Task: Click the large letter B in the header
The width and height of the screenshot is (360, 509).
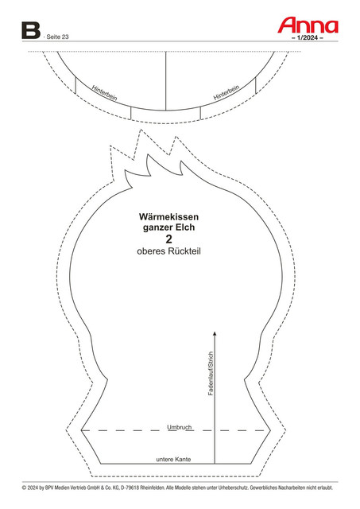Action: coord(31,30)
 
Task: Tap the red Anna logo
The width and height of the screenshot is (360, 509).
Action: coord(308,25)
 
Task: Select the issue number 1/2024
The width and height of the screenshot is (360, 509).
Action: coord(308,37)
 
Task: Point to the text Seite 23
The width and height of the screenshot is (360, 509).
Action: coord(57,37)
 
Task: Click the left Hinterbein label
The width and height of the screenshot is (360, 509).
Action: coord(104,93)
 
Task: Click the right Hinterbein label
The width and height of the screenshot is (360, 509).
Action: coord(226,92)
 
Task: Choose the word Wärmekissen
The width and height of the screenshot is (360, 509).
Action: coord(168,216)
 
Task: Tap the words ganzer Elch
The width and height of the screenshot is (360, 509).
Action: coord(169,227)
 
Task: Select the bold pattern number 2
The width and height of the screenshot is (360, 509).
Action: coord(168,239)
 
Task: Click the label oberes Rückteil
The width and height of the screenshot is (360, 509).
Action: coord(168,251)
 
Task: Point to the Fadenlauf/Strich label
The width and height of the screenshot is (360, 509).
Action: coord(211,373)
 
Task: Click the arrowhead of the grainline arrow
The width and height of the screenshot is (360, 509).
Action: coord(215,333)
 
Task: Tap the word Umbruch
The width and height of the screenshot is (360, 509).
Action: coord(180,427)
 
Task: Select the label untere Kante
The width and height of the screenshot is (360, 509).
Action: coord(173,460)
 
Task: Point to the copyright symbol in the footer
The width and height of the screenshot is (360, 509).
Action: coord(24,488)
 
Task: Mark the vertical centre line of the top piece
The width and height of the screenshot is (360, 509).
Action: coord(166,81)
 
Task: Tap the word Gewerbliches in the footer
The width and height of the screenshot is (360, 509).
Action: coord(263,488)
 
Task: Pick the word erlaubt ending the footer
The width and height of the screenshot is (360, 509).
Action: coord(325,488)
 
